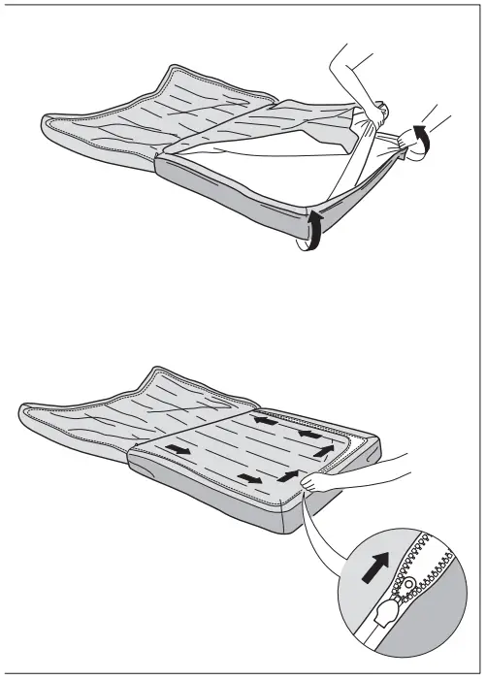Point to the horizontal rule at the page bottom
[x=243, y=670]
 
